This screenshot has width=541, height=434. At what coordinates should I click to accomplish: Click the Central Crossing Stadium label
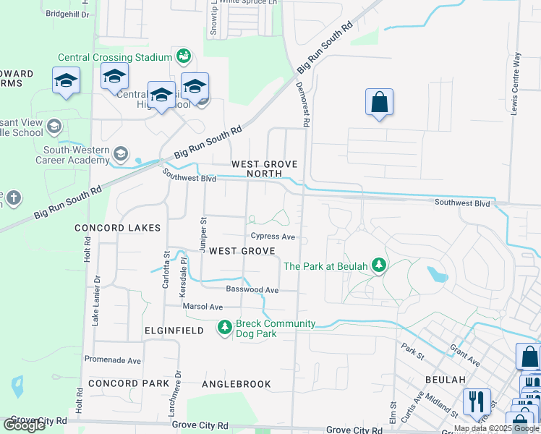click(x=115, y=58)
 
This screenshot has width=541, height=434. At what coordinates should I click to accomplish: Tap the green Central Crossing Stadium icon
click(x=184, y=56)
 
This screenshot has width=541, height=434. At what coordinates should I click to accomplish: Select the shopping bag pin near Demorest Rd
click(x=379, y=103)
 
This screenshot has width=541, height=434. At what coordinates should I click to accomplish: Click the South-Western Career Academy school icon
click(x=120, y=153)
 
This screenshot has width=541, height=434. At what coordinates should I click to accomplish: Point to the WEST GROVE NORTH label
click(x=264, y=169)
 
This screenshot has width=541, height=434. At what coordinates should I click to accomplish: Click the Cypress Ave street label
click(x=273, y=237)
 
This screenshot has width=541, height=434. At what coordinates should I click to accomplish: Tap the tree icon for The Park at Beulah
click(x=378, y=265)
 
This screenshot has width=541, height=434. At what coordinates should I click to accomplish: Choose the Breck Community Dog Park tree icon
click(x=225, y=328)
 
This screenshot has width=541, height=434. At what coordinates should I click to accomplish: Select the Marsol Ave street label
click(x=202, y=307)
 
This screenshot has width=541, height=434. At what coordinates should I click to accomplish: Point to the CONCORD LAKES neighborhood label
click(x=117, y=228)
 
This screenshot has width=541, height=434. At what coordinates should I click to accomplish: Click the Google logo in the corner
click(x=25, y=425)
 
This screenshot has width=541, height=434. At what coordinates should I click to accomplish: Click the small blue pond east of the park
click(x=438, y=274)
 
